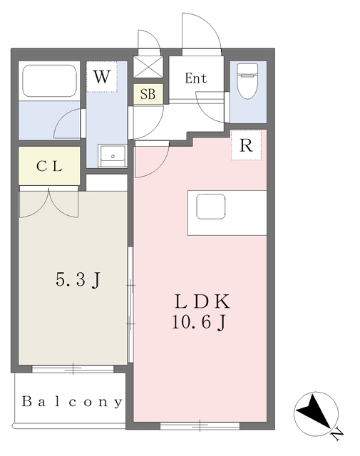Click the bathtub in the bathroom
tap(49, 81)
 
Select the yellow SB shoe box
tap(148, 94)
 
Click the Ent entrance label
tap(196, 78)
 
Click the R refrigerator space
tap(246, 145)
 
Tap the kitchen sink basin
tap(211, 207)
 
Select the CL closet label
tap(49, 167)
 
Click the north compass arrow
tap(312, 413)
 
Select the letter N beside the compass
tap(336, 431)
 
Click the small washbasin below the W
tap(112, 155)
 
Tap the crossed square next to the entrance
tap(148, 68)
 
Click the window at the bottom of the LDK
tap(190, 425)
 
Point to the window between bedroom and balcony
tap(73, 368)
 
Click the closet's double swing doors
tap(49, 204)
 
